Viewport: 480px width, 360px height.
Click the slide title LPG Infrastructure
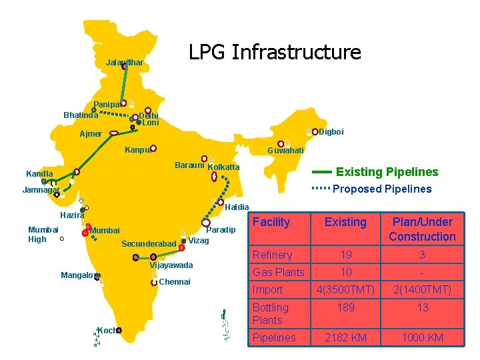(275, 52)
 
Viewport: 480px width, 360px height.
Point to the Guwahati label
(285, 151)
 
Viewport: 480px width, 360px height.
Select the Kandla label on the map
(39, 174)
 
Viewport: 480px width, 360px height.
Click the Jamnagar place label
(41, 190)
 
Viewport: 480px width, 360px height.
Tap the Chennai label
(175, 282)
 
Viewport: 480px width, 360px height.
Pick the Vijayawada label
(171, 265)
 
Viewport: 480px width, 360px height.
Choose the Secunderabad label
(148, 244)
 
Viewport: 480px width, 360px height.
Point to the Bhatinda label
(81, 115)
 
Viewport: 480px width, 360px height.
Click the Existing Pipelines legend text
(387, 172)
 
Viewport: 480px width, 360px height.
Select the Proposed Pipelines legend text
(382, 189)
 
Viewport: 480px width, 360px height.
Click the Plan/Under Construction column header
(422, 229)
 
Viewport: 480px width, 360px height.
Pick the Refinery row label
(272, 255)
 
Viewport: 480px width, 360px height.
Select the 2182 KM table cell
(345, 337)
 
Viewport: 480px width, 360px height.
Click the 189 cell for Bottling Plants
(345, 307)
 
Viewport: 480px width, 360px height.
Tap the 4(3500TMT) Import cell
(345, 289)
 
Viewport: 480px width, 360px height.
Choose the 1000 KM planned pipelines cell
(422, 337)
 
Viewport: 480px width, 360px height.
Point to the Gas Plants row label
(278, 272)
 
